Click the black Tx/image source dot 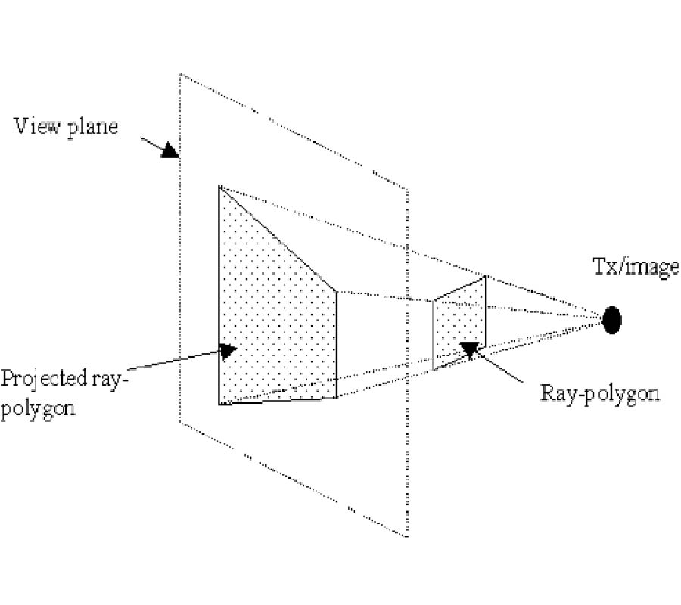pos(611,319)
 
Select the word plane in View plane pos(94,126)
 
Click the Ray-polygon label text pos(600,392)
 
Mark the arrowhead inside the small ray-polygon pos(471,348)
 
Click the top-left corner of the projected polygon pos(219,186)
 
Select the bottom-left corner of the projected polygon pos(220,404)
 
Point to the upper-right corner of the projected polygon pos(335,290)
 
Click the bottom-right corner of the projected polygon pos(335,398)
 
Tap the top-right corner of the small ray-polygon pos(485,276)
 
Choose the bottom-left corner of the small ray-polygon pos(434,369)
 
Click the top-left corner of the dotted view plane pos(179,74)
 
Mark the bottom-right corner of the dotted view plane pos(408,537)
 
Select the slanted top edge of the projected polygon pos(277,237)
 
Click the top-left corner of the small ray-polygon pos(434,300)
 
